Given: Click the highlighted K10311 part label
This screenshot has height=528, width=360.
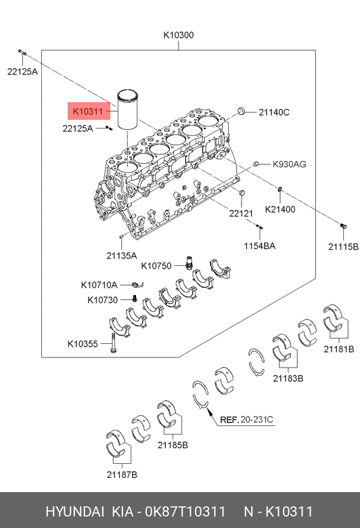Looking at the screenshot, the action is (88, 111).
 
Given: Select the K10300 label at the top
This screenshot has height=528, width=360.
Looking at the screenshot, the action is (179, 35).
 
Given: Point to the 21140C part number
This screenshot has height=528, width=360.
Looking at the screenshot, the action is (274, 112).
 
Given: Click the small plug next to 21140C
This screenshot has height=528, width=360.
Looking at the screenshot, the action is (241, 110).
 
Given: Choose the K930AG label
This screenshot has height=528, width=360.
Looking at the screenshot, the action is (289, 164).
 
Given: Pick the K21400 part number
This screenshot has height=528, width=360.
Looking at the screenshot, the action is (280, 209).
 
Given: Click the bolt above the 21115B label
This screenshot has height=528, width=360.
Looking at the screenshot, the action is (343, 226).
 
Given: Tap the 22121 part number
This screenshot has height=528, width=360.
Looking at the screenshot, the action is (241, 213).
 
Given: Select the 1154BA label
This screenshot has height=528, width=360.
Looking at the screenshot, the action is (260, 246).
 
